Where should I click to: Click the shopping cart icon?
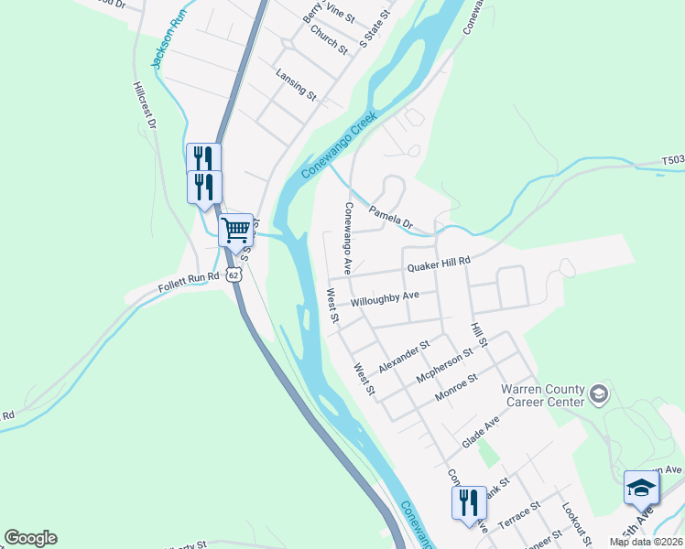point(235,229)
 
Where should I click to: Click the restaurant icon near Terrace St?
point(468,502)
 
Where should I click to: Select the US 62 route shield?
point(235,273)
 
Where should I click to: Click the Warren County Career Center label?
point(542,395)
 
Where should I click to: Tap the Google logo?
point(30,538)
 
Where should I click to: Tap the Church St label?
point(329,39)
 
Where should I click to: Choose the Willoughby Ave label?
point(384,298)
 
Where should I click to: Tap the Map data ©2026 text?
point(647,542)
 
